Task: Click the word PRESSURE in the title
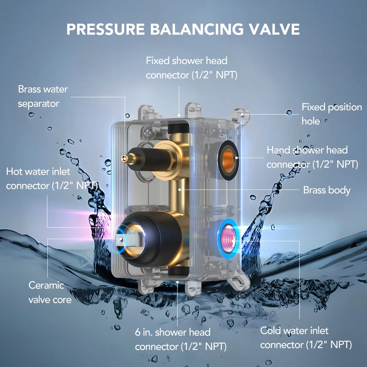(105, 29)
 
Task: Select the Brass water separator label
(43, 97)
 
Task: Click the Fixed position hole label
(332, 114)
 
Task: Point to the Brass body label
(327, 190)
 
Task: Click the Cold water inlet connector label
(306, 338)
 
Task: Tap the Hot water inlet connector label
(52, 179)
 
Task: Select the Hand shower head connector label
(312, 157)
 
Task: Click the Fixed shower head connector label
(191, 68)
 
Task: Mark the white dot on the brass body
(180, 189)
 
